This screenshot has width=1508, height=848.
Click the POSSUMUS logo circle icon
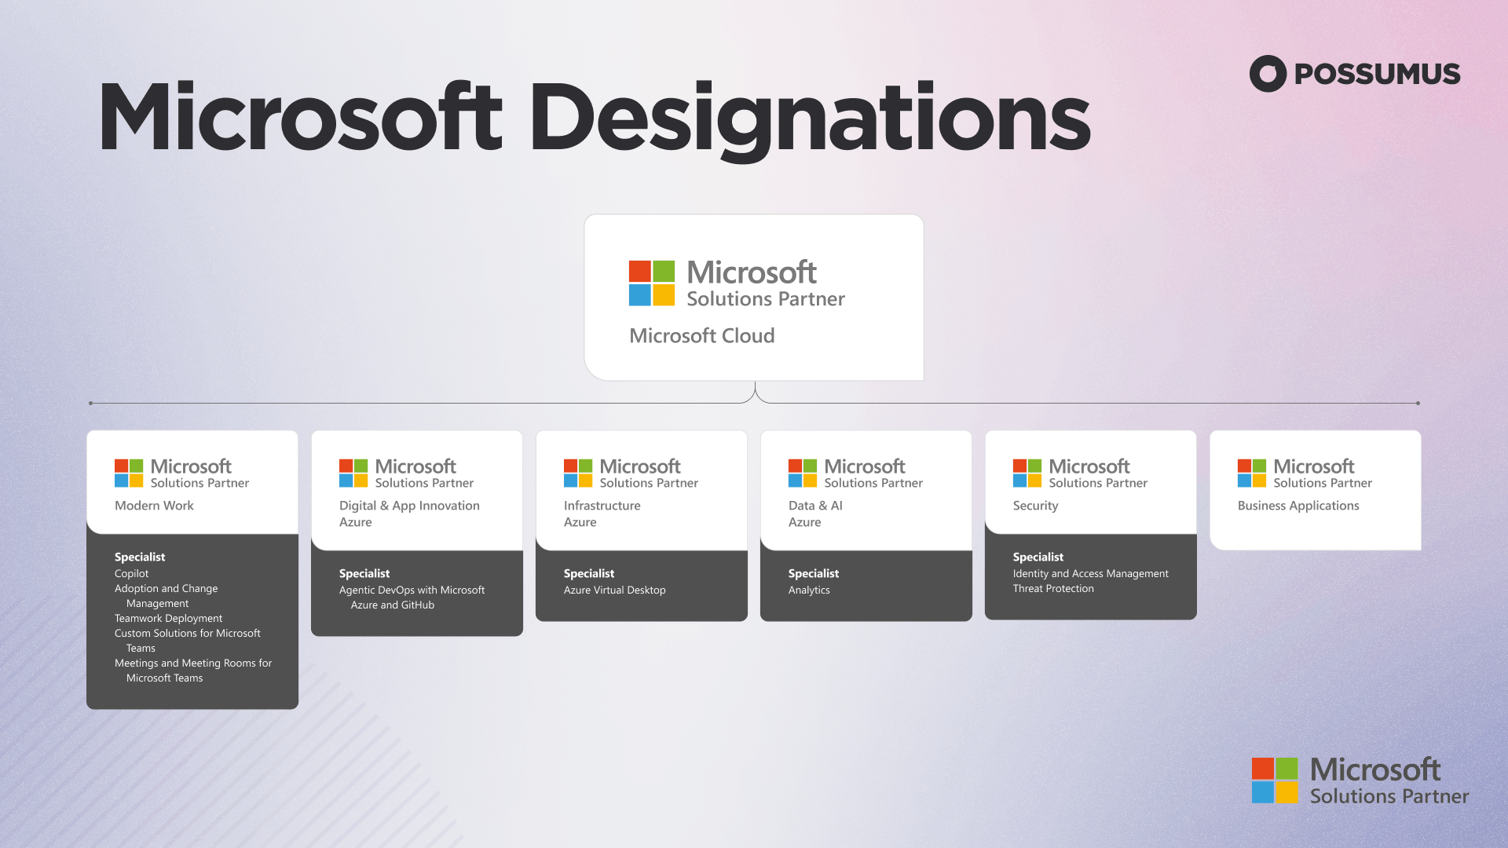1268,74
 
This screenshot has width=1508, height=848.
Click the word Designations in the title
810,119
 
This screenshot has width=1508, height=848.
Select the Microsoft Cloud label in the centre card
701,336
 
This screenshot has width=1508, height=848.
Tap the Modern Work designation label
154,506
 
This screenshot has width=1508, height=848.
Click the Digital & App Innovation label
409,506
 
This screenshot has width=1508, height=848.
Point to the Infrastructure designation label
602,506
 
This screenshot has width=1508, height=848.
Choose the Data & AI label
815,506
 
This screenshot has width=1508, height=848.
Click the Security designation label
1035,506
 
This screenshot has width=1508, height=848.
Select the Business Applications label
1298,506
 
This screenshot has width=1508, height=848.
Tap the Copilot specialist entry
131,574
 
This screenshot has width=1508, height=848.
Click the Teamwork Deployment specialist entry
168,619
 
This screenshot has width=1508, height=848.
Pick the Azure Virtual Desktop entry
614,590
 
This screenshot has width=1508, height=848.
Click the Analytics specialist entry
809,590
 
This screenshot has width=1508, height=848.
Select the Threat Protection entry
1052,589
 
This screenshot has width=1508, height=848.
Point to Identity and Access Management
1090,574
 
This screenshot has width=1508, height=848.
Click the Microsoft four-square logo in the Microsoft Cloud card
652,283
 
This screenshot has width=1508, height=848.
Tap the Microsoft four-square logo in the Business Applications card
1251,473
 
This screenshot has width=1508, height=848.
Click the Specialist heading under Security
1038,557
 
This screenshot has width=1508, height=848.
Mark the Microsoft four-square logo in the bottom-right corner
1275,780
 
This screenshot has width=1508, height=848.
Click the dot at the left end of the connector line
91,404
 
